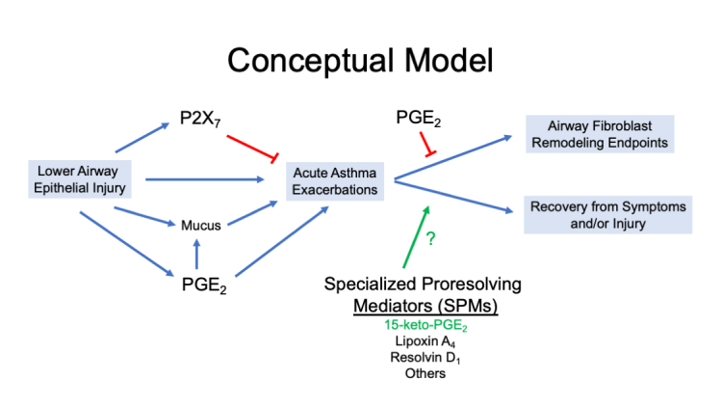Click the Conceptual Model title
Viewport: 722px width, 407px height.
361,60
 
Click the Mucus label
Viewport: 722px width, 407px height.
201,226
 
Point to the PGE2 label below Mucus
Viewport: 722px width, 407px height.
198,284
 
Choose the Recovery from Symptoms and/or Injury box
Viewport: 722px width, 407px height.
606,215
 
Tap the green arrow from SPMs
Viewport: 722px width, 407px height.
411,239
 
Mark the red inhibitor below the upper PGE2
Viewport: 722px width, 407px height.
426,147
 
